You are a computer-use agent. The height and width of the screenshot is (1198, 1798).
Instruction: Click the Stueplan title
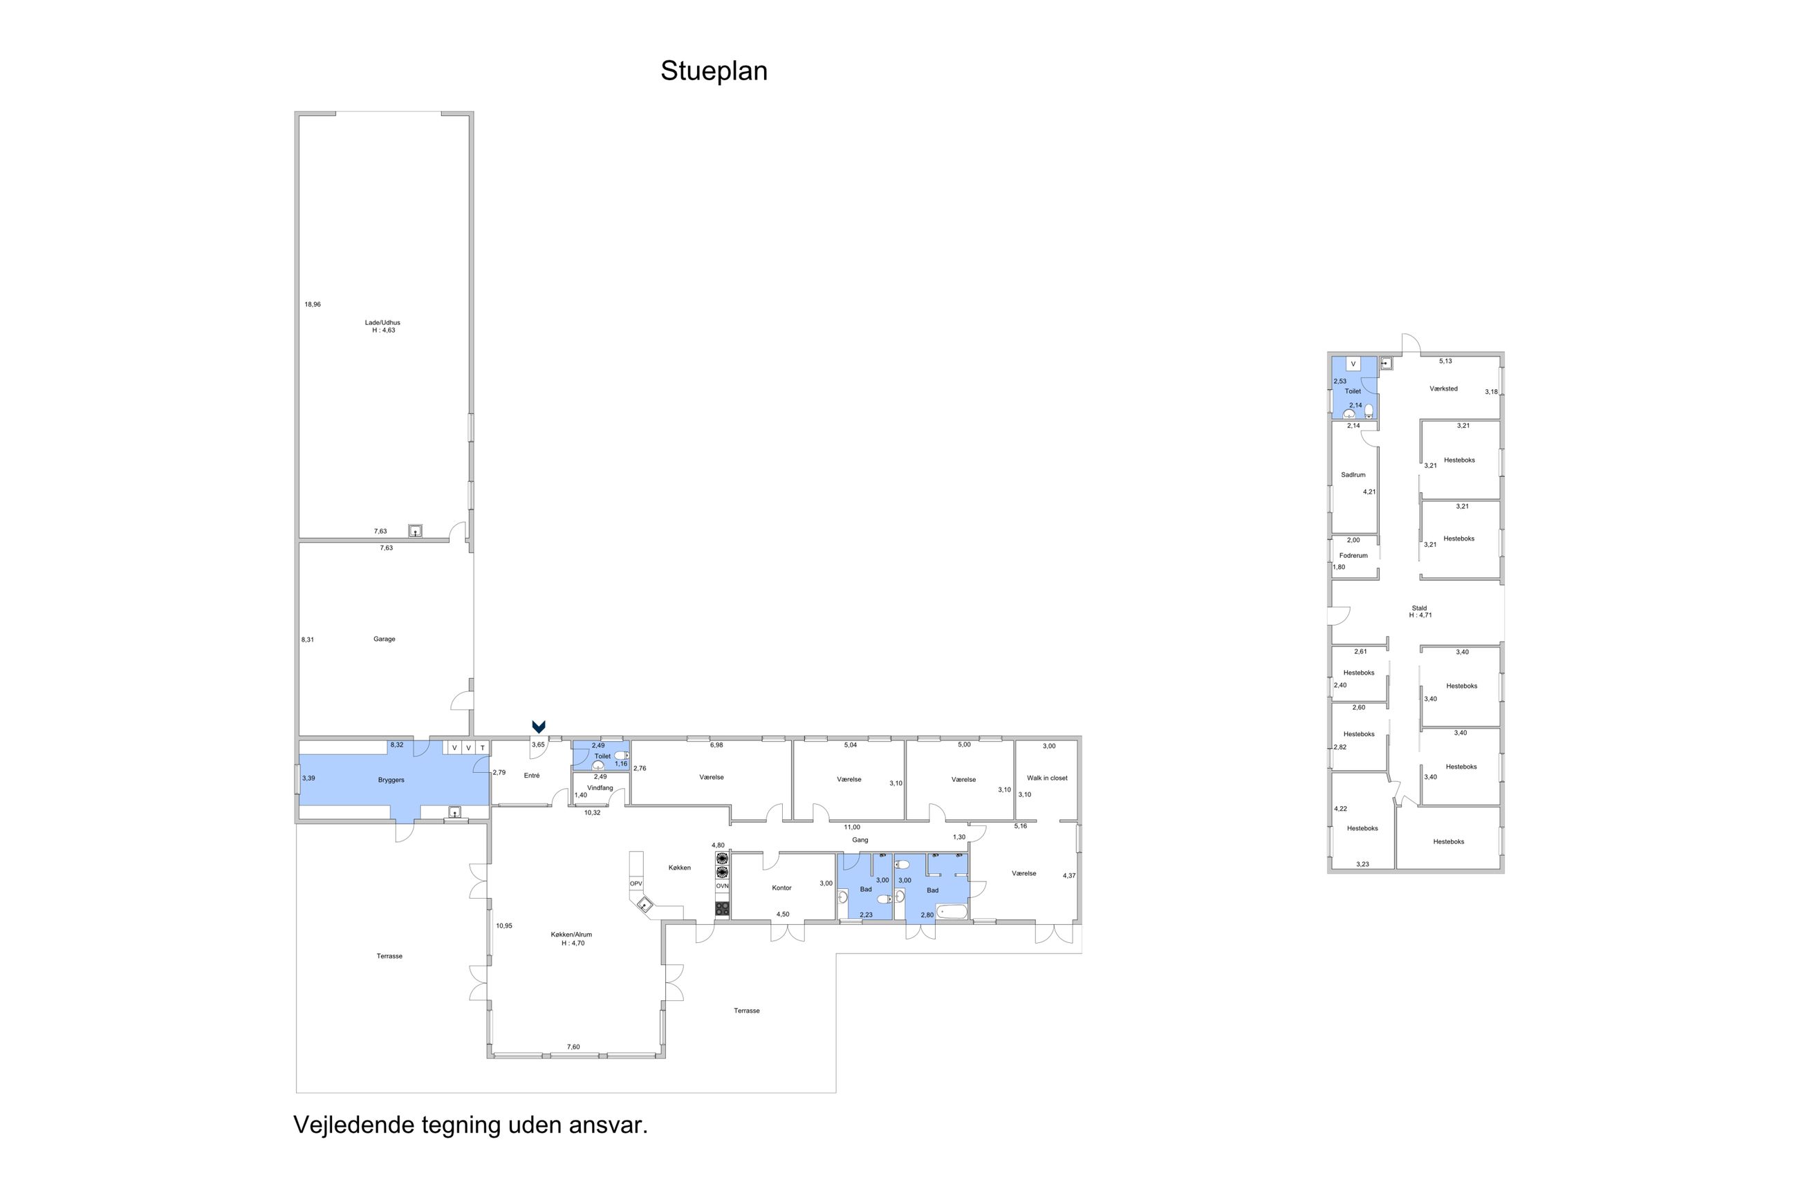click(x=713, y=71)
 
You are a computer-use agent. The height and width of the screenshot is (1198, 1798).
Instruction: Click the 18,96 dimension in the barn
click(x=313, y=304)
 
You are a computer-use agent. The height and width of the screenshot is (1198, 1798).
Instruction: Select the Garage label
click(x=384, y=639)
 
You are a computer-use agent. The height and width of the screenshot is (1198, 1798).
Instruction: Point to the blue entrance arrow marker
click(x=539, y=727)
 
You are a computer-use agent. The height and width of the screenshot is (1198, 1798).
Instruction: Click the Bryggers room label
click(x=391, y=780)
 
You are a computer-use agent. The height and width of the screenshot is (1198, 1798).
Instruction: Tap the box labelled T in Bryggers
click(x=482, y=747)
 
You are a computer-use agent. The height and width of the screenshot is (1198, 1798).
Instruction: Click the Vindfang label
click(x=600, y=787)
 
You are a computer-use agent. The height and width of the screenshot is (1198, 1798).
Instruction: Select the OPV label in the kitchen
click(x=636, y=883)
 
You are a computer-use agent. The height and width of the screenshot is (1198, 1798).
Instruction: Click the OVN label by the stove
click(x=722, y=886)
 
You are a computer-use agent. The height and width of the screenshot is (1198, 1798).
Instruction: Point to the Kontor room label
click(x=781, y=888)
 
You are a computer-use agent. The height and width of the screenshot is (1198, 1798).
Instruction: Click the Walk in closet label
click(x=1047, y=778)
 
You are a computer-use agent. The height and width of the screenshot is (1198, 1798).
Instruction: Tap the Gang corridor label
click(x=860, y=840)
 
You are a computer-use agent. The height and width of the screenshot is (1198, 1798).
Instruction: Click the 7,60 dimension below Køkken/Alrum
click(x=573, y=1047)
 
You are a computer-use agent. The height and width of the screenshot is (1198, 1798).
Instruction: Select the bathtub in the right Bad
click(x=952, y=912)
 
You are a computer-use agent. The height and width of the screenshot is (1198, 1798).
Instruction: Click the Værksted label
click(x=1443, y=389)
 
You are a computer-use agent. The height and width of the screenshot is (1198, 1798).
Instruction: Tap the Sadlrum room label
click(x=1353, y=474)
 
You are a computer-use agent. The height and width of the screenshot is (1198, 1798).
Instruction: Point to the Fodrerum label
click(x=1353, y=556)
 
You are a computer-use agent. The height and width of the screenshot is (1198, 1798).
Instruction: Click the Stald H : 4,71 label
click(x=1420, y=611)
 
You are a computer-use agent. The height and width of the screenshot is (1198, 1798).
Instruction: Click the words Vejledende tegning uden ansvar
click(x=470, y=1125)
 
